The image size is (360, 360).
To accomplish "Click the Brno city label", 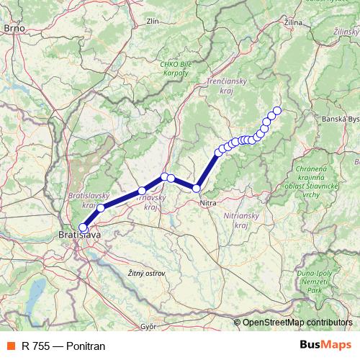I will point(14,28).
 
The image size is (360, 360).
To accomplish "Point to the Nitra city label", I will point(208,204).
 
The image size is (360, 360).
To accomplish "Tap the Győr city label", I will point(149,326).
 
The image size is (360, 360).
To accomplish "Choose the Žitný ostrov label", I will point(145,274).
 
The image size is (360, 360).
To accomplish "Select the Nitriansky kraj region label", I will point(243,219).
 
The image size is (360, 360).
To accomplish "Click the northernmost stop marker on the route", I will point(276,110).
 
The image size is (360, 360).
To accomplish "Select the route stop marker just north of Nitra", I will point(197,189).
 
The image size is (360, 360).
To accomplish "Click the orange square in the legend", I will point(10,346).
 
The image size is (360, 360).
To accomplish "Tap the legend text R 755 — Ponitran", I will point(63,346).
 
